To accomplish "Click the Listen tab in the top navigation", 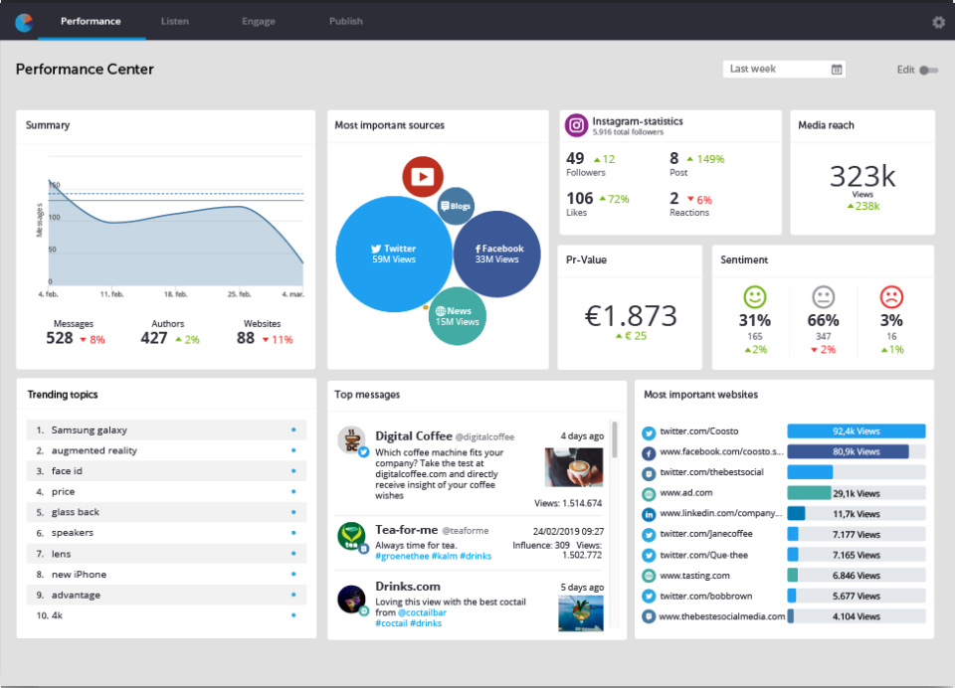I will coord(175,21).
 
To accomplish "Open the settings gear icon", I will coord(938,22).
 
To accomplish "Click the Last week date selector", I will coord(784,69).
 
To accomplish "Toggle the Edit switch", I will coord(928,70).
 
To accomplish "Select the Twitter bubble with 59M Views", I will coord(393,255).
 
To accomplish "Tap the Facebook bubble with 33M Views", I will coord(497,254).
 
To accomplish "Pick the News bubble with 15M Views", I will coord(457,316).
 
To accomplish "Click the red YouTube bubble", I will coord(423,177).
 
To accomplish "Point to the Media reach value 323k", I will coord(862,176).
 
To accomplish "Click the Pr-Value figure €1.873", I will coord(631,315).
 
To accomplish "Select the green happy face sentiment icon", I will coord(755,296).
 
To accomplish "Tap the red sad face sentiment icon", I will coord(891,296).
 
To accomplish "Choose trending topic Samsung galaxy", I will coord(90,430).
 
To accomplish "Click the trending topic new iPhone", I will coord(79,575).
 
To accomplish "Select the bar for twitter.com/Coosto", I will coord(856,431).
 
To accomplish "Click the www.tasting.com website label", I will coord(694,576).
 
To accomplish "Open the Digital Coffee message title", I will coord(413,435).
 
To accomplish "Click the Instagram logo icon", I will coord(575,125).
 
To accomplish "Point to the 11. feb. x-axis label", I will coord(111,294).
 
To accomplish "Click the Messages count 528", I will coord(60,338).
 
